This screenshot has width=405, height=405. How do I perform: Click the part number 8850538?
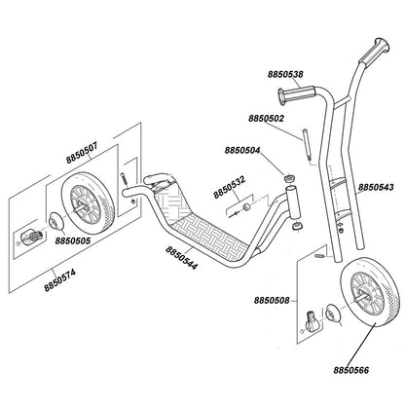click(285, 75)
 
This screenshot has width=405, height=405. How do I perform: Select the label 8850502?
click(266, 119)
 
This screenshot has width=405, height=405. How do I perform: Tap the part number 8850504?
click(242, 151)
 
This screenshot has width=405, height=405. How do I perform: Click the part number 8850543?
click(376, 187)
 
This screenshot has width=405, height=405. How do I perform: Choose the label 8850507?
click(82, 154)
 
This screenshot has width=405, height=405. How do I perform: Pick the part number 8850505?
click(73, 240)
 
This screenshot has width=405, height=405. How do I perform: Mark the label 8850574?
click(60, 280)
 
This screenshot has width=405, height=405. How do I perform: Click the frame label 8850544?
click(181, 258)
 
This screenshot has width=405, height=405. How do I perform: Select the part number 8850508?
click(272, 301)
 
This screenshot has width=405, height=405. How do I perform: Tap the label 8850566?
click(351, 370)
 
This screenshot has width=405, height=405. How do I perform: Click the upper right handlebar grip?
click(374, 53)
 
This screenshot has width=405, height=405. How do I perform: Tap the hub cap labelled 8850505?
click(55, 221)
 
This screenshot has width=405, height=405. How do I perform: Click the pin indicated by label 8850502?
click(307, 144)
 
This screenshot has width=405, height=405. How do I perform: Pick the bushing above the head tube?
click(289, 177)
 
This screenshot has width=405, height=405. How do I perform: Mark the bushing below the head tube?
click(297, 226)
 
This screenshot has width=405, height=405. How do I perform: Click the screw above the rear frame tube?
click(124, 179)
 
